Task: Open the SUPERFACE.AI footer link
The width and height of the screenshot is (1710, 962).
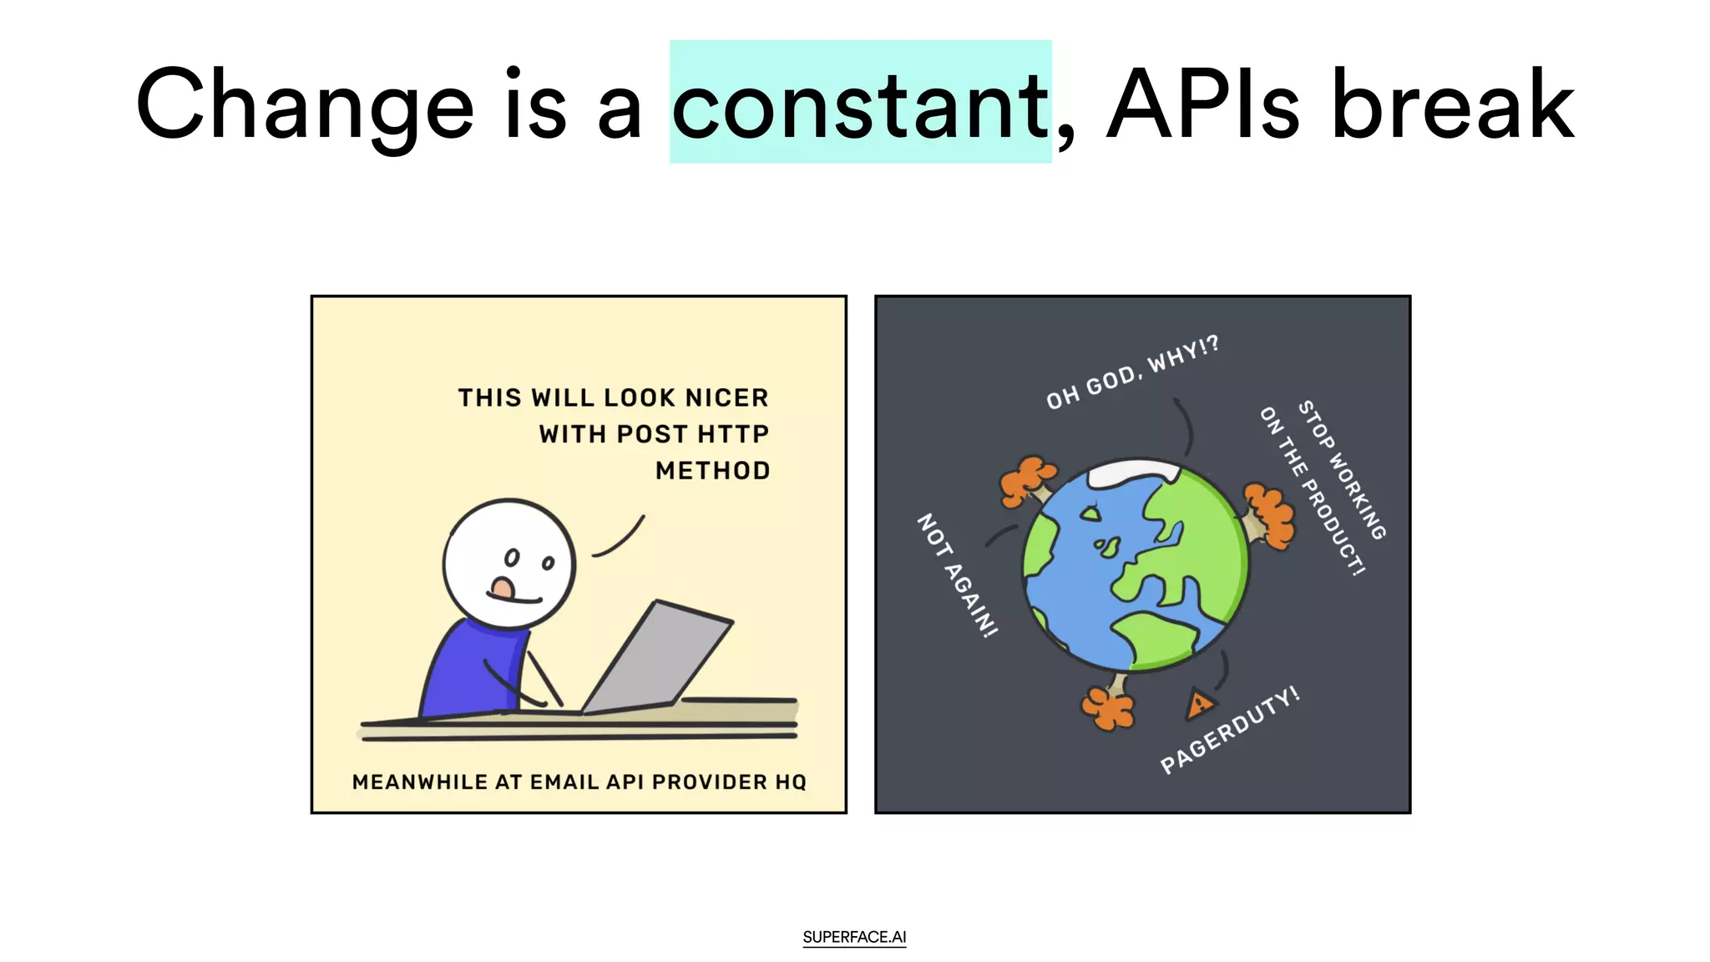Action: (x=854, y=937)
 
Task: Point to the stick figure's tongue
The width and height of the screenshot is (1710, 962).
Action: (x=503, y=589)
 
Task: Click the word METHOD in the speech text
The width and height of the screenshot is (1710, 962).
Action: (x=712, y=471)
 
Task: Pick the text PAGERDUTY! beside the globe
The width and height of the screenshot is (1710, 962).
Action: (x=1229, y=731)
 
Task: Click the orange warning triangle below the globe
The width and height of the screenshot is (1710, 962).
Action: (x=1199, y=705)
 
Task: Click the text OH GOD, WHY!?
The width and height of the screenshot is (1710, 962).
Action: (x=1132, y=372)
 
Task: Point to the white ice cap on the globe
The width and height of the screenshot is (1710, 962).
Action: (x=1134, y=472)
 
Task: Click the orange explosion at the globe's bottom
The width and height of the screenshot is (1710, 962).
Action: (x=1109, y=706)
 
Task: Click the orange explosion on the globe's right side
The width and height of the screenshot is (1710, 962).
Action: (x=1269, y=516)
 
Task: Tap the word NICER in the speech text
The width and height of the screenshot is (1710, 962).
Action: (x=726, y=397)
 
